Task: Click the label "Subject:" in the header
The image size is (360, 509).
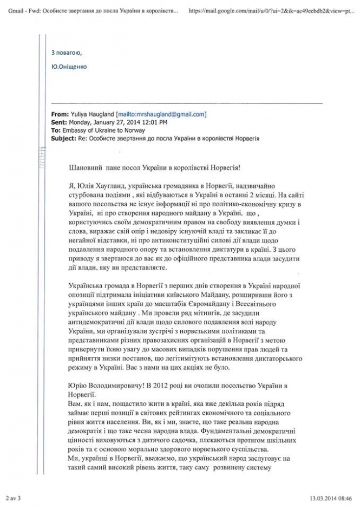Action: tap(64, 138)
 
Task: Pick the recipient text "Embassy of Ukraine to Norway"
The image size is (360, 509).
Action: tap(100, 130)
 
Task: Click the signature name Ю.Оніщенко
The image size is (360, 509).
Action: tap(68, 67)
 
